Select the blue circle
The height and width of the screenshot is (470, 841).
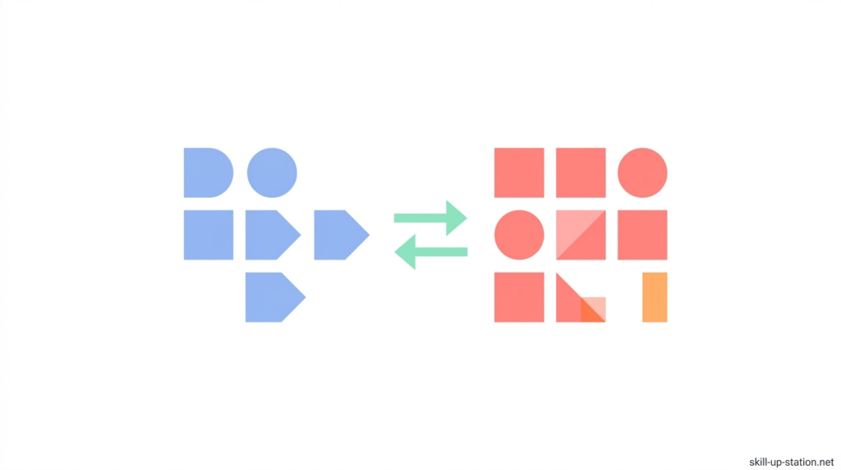[x=272, y=173]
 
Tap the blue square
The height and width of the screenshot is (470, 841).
[x=209, y=235]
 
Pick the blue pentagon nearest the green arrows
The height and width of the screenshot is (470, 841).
[x=340, y=235]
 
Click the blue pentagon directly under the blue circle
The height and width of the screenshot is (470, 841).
[x=271, y=235]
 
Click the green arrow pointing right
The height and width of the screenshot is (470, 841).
[x=430, y=218]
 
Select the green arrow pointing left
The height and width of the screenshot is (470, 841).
[x=430, y=251]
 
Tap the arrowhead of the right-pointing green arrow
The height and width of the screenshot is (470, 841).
[x=456, y=218]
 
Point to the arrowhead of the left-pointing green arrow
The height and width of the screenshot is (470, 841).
[x=406, y=251]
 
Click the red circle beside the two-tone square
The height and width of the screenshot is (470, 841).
[x=519, y=235]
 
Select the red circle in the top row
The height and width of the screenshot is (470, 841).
[x=642, y=173]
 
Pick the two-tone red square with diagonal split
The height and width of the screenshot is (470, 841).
[x=581, y=235]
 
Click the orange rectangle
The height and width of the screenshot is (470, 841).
[x=655, y=297]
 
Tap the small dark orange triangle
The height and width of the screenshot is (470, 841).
[x=589, y=314]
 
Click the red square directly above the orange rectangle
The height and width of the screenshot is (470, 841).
[x=642, y=235]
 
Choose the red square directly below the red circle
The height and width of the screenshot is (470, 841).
[x=519, y=297]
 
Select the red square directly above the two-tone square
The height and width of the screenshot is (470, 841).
[x=581, y=173]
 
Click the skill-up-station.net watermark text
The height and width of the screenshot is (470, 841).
[x=791, y=462]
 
